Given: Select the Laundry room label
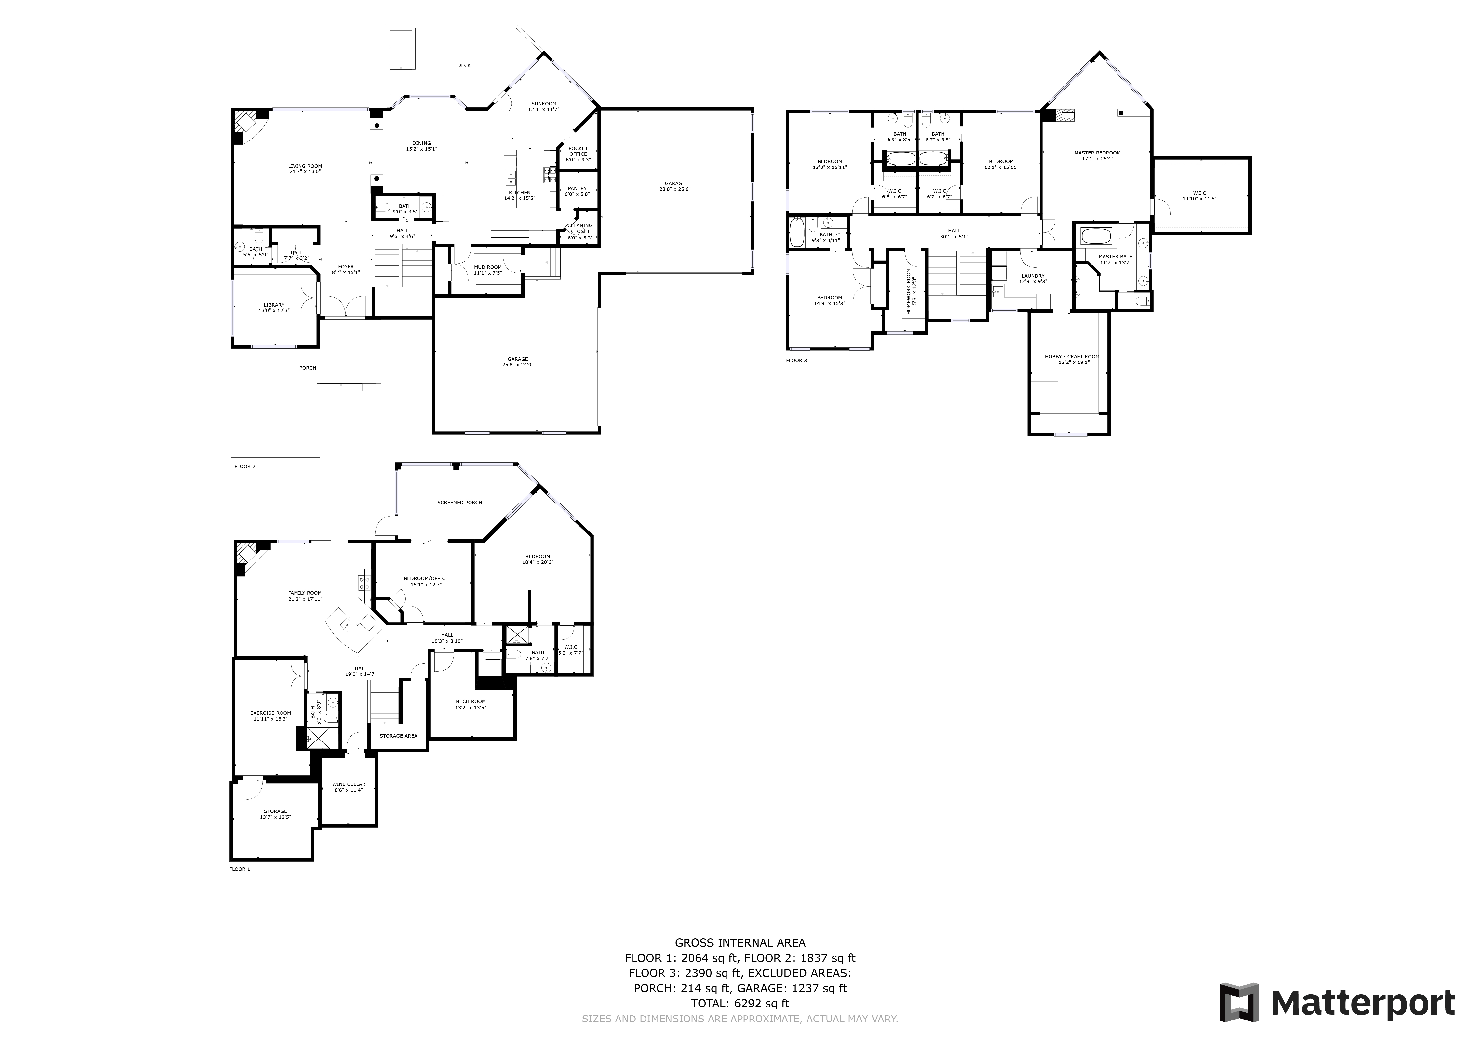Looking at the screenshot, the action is tap(1033, 278).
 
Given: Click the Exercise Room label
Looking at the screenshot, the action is tap(270, 716).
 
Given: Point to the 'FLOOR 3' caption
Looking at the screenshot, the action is tap(796, 360).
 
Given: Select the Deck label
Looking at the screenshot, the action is tap(464, 65).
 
